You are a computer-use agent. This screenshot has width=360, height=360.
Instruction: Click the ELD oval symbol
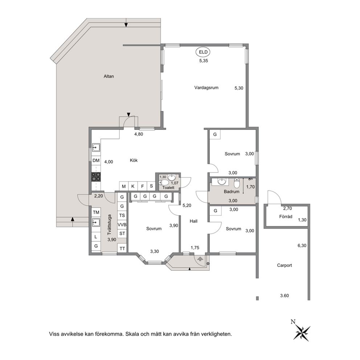[x=203, y=52]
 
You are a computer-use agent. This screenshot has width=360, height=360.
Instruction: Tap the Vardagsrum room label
[x=206, y=87]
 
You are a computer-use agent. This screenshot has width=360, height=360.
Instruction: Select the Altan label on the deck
[x=109, y=76]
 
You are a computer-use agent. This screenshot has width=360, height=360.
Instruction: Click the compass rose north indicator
[x=302, y=330]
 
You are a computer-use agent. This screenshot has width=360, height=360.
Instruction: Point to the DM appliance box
[x=96, y=160]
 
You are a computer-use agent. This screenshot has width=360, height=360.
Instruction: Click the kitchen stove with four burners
[x=96, y=177]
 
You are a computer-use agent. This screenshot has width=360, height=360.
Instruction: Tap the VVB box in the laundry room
[x=122, y=225]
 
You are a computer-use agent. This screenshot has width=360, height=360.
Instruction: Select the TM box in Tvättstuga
[x=96, y=212]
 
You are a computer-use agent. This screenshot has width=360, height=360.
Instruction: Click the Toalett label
[x=168, y=188]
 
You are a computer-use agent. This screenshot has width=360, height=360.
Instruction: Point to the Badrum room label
[x=232, y=192]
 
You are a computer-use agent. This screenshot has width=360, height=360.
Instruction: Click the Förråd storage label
[x=286, y=216]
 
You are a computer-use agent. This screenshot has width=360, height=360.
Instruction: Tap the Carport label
[x=285, y=265]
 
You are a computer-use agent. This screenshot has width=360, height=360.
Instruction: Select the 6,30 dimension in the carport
[x=302, y=245]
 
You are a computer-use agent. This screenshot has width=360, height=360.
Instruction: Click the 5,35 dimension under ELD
[x=204, y=61]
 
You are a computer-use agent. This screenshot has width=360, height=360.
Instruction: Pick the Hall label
[x=193, y=221]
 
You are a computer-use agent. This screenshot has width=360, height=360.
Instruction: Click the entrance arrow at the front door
[x=200, y=259]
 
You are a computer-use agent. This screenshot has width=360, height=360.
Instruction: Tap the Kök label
[x=134, y=160]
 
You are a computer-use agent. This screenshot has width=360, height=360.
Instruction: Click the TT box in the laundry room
[x=122, y=249]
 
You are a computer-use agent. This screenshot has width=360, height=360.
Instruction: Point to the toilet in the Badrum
[x=237, y=183]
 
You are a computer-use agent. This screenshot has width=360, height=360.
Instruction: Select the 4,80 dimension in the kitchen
[x=139, y=134]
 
